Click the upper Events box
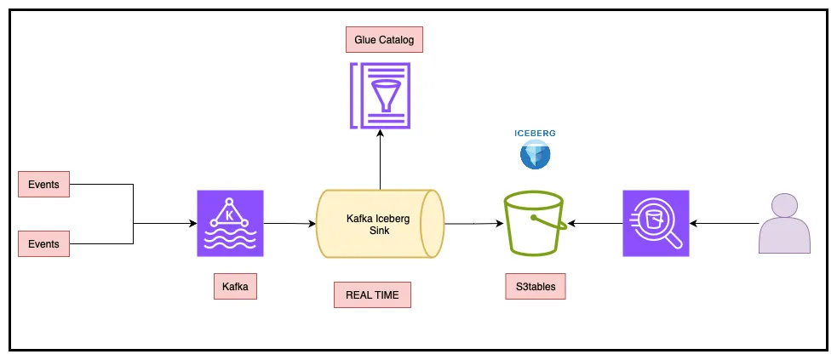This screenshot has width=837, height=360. [43, 183]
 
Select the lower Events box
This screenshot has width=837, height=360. [43, 243]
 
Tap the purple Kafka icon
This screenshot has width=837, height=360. [230, 223]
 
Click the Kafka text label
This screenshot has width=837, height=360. [235, 287]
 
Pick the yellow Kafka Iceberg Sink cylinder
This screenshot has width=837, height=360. [380, 224]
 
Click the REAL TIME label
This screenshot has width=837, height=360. [372, 295]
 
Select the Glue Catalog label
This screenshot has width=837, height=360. [384, 39]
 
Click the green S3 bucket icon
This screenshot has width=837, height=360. [533, 224]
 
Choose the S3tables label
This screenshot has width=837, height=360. [536, 287]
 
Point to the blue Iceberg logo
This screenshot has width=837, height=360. [536, 155]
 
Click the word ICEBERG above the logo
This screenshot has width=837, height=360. [536, 134]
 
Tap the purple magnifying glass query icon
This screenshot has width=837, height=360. [656, 223]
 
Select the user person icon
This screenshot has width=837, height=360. [784, 223]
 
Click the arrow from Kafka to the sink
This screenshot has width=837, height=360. [290, 224]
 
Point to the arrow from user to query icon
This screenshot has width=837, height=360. [724, 224]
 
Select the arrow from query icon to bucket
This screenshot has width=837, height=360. [595, 224]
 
